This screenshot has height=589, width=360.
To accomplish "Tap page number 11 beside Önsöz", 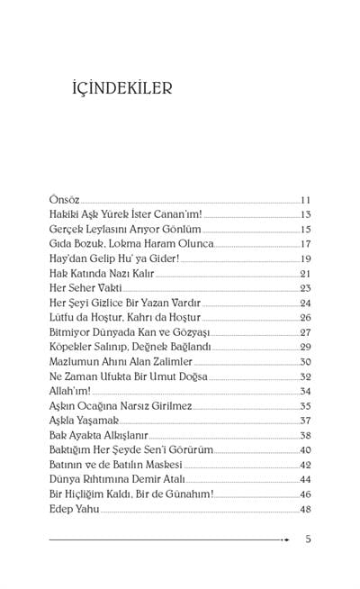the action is point(305,200).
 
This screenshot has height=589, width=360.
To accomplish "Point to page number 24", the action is point(305,303).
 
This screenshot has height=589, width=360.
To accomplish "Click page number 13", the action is point(305,214).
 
